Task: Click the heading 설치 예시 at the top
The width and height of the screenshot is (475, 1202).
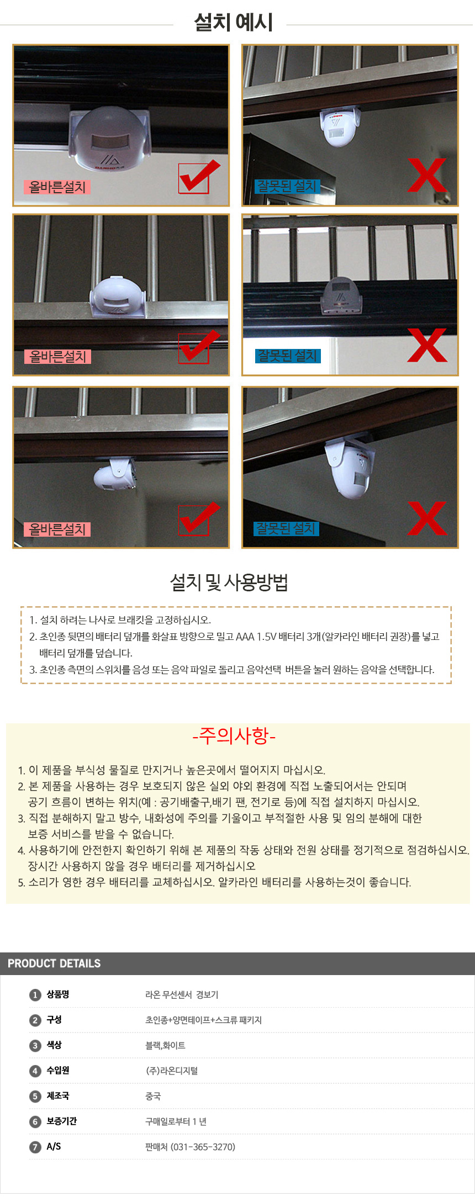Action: point(233,23)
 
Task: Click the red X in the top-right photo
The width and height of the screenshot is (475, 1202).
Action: point(427,175)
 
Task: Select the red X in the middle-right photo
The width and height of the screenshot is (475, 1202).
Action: point(427,345)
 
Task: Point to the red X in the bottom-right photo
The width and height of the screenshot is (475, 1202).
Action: point(427,518)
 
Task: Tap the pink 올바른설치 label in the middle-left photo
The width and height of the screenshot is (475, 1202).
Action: point(57,357)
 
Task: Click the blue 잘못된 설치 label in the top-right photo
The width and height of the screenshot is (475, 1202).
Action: point(287,186)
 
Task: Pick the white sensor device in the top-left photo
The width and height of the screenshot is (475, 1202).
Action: point(109,139)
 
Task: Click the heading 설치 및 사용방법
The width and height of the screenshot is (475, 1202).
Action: point(229,583)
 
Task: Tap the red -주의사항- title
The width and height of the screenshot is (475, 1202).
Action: point(234,735)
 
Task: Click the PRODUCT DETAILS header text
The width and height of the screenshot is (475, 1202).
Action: point(54,963)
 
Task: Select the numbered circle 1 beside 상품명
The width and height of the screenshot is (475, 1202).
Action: point(35,995)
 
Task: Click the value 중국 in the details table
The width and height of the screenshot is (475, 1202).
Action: point(153,1096)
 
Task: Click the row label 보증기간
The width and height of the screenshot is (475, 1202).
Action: point(61,1121)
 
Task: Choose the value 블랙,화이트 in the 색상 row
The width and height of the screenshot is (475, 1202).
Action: point(165,1046)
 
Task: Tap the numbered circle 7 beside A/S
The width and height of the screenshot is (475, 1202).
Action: point(35,1147)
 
